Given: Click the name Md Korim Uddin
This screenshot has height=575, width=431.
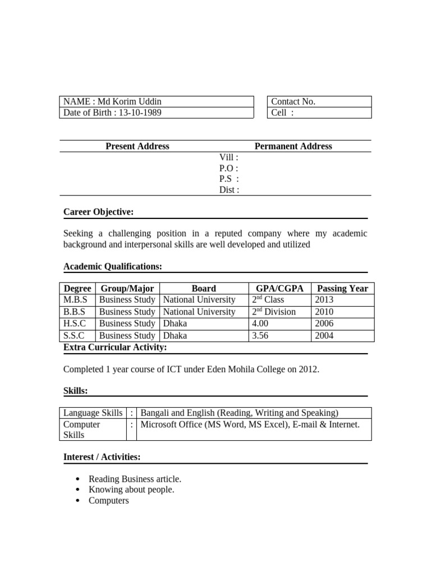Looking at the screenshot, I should click(130, 102).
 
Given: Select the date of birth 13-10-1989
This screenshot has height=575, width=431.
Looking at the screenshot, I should click(134, 112).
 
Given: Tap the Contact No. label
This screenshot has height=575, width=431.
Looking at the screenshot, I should click(293, 102).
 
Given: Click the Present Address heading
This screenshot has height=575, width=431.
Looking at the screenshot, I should click(137, 146).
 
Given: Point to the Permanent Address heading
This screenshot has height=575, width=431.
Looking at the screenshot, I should click(293, 146).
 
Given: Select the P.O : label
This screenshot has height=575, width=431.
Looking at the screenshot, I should click(228, 168).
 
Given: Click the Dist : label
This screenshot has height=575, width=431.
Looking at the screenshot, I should click(229, 190).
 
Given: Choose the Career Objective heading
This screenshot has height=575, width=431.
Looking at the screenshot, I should click(98, 212).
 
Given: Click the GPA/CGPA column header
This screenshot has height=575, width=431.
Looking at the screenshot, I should click(279, 289).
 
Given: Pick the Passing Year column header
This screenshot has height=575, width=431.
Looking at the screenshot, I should click(342, 289).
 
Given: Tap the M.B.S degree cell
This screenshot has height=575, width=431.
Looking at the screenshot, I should click(76, 300).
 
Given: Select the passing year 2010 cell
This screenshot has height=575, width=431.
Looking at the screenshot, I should click(324, 312).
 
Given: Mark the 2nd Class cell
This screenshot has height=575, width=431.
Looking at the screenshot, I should click(268, 300).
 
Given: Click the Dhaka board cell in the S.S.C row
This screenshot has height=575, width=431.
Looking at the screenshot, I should click(175, 336).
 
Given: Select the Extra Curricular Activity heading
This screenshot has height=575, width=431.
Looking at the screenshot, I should click(115, 348).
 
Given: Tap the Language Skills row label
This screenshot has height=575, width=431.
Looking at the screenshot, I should click(93, 413).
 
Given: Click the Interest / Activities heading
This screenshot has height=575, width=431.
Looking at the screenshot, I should click(102, 457).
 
